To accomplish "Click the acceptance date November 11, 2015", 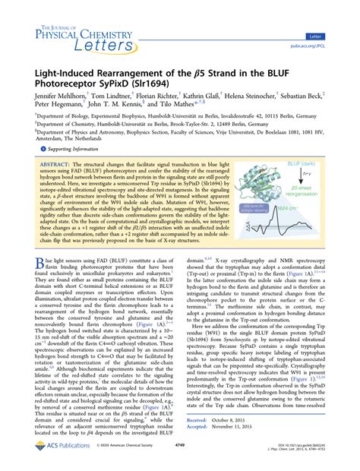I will point(246,425).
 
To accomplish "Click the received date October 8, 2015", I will point(242,417).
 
